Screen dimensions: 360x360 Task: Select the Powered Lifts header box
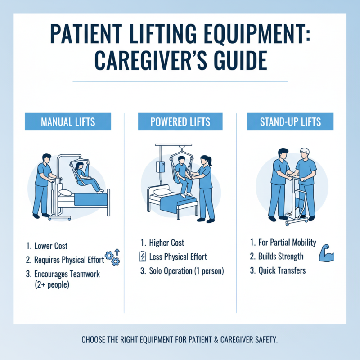pyautogui.click(x=180, y=122)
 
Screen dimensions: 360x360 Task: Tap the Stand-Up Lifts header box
pyautogui.click(x=290, y=122)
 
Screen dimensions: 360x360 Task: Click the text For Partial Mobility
pyautogui.click(x=287, y=243)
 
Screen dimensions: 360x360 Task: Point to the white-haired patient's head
pyautogui.click(x=305, y=153)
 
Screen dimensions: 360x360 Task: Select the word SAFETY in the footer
pyautogui.click(x=264, y=339)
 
